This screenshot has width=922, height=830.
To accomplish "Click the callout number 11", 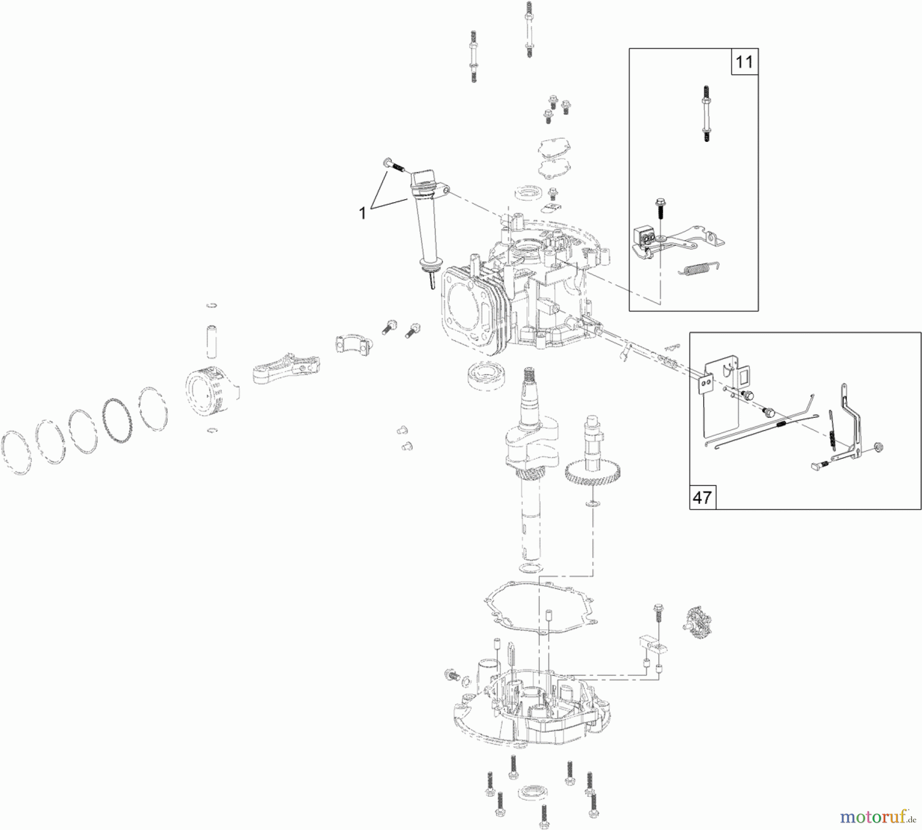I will (744, 62).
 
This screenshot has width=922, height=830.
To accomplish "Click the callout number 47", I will (702, 497).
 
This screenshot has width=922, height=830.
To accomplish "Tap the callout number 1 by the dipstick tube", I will (363, 213).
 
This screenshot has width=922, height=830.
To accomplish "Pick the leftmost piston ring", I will (16, 454).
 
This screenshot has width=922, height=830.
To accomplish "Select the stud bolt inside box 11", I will (706, 113).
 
